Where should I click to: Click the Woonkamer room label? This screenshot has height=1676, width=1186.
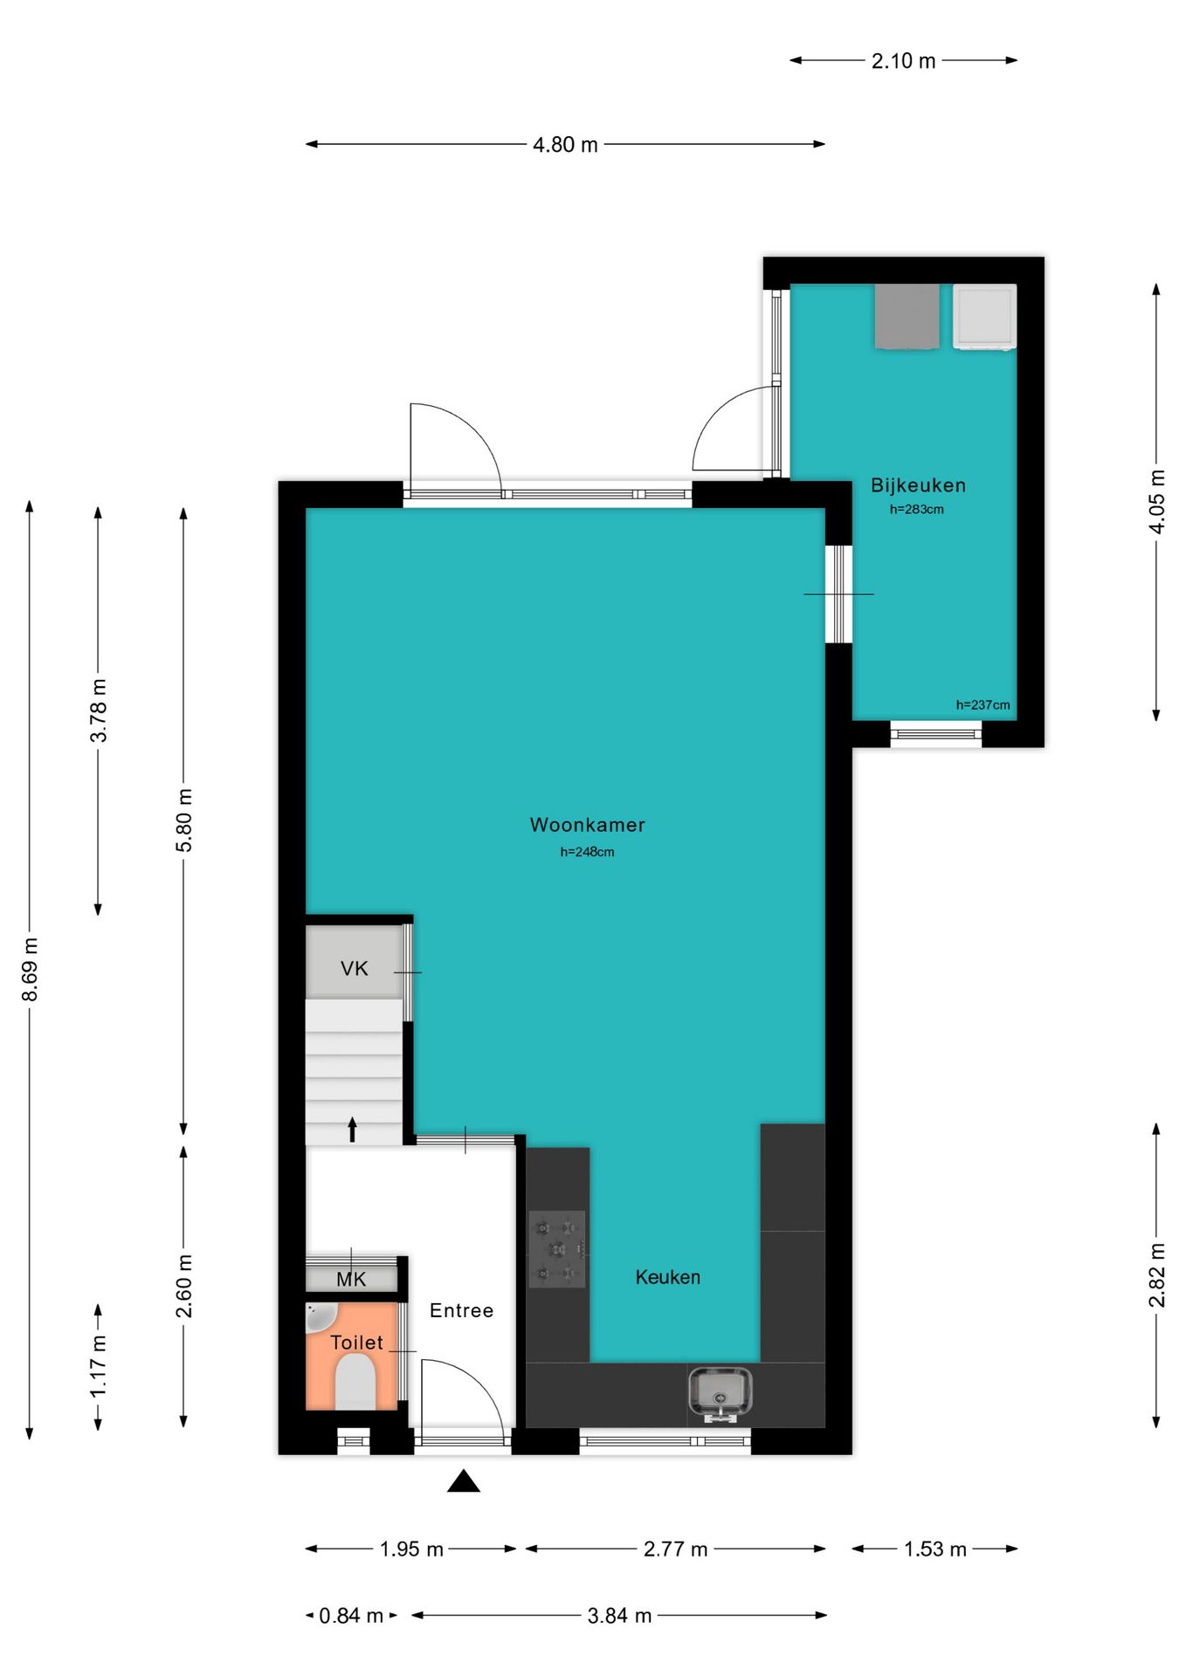coord(587,825)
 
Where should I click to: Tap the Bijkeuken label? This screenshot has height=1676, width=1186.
coord(918,485)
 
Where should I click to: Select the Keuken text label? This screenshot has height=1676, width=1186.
coord(667,1277)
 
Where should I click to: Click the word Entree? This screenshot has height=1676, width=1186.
coord(461,1310)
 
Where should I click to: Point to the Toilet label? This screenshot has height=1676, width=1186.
coord(356,1343)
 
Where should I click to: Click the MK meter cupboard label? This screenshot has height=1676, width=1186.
coord(351,1280)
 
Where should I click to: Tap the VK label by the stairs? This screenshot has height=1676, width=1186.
coord(355,968)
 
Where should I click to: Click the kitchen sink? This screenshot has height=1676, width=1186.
coord(721,1393)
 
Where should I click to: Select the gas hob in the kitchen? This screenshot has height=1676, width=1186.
coord(557,1249)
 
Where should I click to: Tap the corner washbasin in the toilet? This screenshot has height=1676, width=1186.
coord(320,1316)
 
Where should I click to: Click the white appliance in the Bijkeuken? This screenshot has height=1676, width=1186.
coord(984,317)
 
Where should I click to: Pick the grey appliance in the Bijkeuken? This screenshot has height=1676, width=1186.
coord(907,316)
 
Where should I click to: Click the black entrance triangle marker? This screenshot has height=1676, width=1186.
coord(464,1480)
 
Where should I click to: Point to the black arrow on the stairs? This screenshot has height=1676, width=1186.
coord(353,1129)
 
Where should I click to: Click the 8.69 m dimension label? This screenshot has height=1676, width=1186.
coord(30,970)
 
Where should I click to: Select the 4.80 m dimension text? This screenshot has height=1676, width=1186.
coord(565,145)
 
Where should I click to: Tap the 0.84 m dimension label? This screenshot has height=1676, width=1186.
coord(351,1616)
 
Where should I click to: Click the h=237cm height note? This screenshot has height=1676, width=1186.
coord(983,705)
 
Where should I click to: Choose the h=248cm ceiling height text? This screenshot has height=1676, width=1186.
coord(587,852)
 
